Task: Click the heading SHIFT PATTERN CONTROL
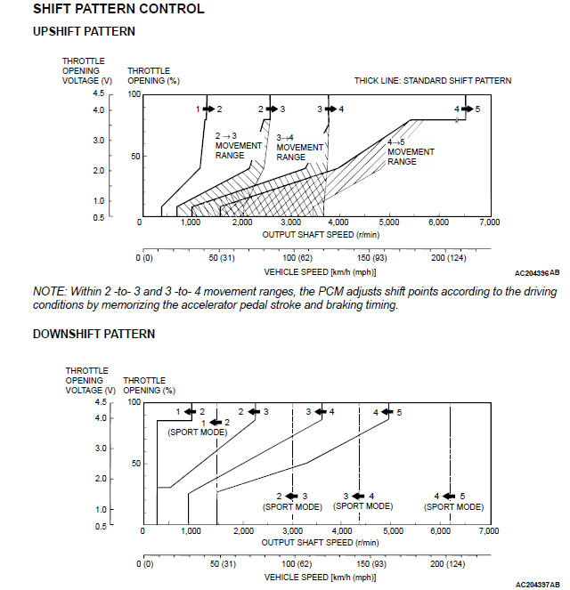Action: pyautogui.click(x=118, y=10)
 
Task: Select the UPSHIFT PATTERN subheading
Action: pyautogui.click(x=84, y=31)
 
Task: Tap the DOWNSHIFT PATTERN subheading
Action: pyautogui.click(x=94, y=334)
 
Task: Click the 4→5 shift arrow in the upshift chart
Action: pyautogui.click(x=467, y=109)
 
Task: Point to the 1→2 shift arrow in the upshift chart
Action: pyautogui.click(x=208, y=109)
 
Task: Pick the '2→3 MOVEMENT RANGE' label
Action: pyautogui.click(x=238, y=145)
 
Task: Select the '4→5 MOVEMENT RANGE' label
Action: pyautogui.click(x=411, y=151)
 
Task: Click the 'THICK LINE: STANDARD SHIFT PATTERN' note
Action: pyautogui.click(x=433, y=80)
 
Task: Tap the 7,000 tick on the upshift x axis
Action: pyautogui.click(x=489, y=222)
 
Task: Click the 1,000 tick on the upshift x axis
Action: pyautogui.click(x=191, y=222)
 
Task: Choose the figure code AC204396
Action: pyautogui.click(x=531, y=274)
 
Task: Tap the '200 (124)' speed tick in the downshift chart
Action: pyautogui.click(x=448, y=565)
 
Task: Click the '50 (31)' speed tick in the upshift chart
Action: pyautogui.click(x=220, y=257)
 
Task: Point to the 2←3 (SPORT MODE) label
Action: pyautogui.click(x=292, y=501)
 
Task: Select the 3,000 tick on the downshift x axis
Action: pyautogui.click(x=293, y=531)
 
